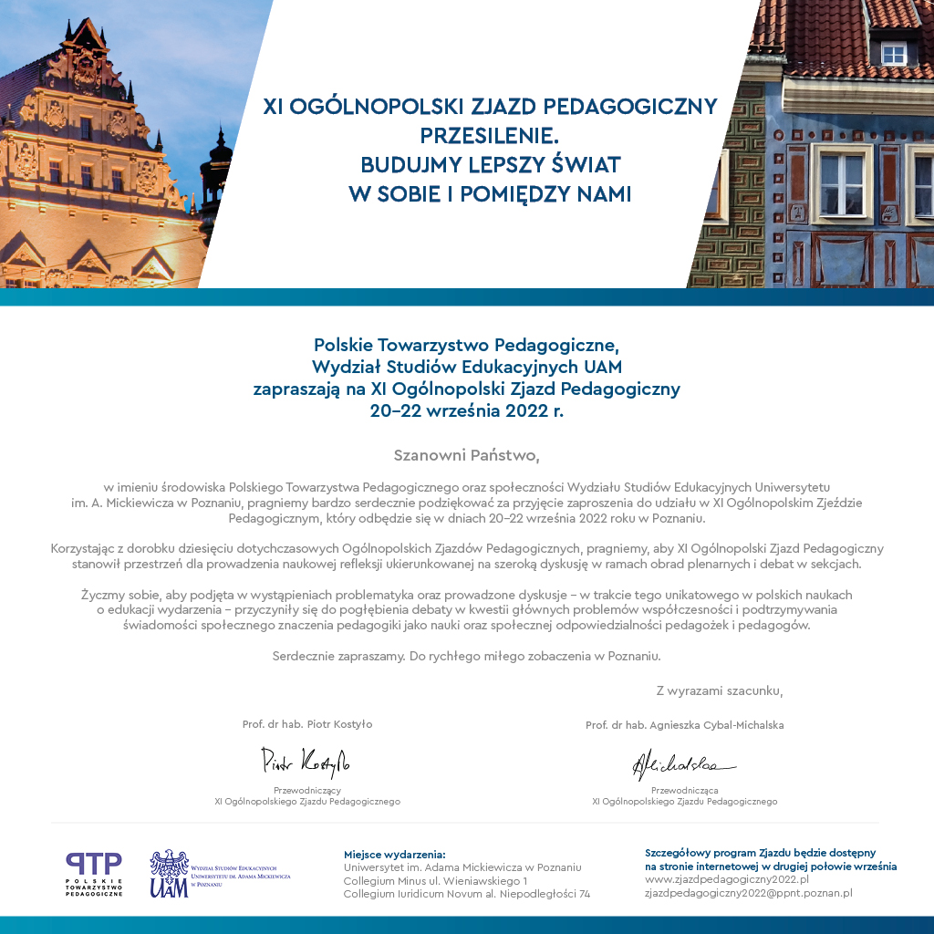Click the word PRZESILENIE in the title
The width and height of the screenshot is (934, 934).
click(x=489, y=135)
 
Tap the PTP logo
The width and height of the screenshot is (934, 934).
click(x=93, y=873)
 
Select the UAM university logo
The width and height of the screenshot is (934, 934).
click(x=170, y=874)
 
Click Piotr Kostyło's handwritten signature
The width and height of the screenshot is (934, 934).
click(x=306, y=759)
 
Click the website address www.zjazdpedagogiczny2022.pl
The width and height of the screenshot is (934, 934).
click(x=727, y=879)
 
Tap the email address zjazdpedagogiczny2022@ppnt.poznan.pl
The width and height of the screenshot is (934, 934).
click(x=748, y=893)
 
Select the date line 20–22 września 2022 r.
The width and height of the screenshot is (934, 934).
click(x=467, y=410)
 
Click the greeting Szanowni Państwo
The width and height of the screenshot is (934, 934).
click(x=467, y=453)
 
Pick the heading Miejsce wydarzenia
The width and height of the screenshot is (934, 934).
click(x=394, y=854)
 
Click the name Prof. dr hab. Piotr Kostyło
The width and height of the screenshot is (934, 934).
click(x=307, y=724)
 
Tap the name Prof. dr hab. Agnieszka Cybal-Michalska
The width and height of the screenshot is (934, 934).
click(x=684, y=725)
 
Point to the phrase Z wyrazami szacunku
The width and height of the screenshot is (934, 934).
click(x=719, y=690)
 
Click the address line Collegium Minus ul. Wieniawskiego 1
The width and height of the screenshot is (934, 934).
click(x=435, y=881)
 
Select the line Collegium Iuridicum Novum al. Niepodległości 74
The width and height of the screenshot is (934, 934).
click(x=466, y=894)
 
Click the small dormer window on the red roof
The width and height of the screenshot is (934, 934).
click(x=892, y=53)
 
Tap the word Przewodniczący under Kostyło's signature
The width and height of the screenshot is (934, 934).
click(x=307, y=790)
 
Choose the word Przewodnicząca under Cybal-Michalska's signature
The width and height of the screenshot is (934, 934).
click(x=684, y=790)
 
